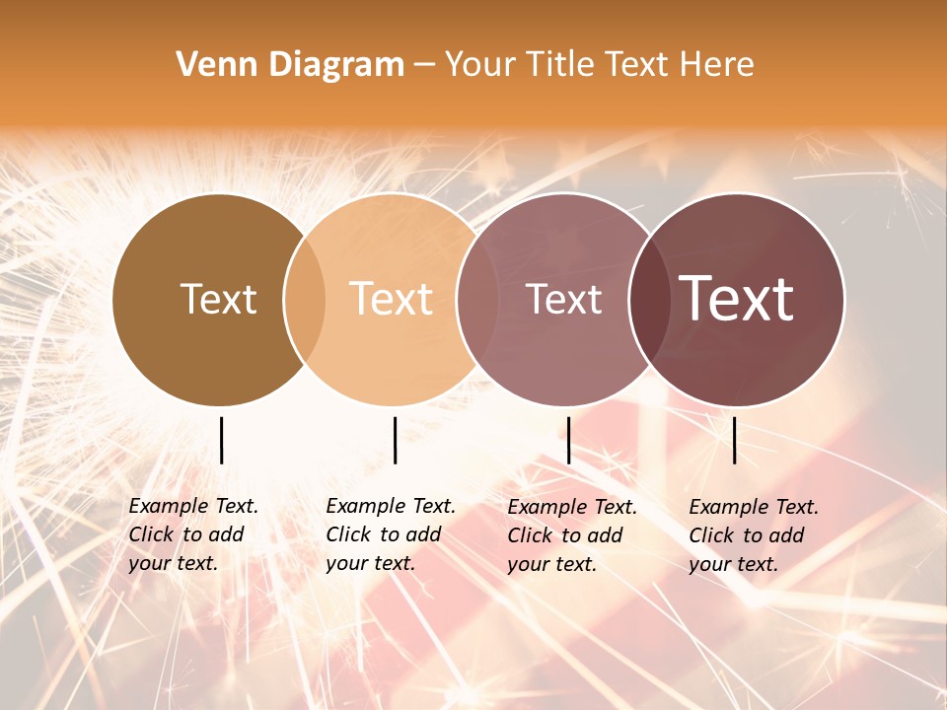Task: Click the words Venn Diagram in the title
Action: point(290,65)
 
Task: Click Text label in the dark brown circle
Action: point(218,299)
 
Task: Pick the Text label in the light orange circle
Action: point(392,299)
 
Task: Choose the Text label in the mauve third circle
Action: point(563,299)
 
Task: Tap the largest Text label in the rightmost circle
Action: point(737,299)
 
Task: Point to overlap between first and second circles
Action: point(305,299)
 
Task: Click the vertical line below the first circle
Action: point(221,440)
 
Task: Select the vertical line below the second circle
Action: point(395,440)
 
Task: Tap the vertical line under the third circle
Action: point(568,440)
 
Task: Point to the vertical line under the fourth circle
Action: point(734,440)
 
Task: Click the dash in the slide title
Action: point(424,66)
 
